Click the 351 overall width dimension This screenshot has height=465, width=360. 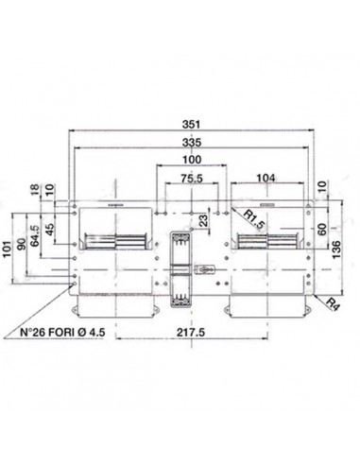[x=191, y=124]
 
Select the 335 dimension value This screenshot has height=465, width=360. [x=192, y=143]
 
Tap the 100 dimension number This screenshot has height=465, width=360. [x=192, y=160]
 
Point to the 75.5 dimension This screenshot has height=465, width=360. [x=192, y=179]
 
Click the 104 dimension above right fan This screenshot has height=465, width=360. [x=266, y=178]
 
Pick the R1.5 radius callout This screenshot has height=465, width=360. [x=253, y=219]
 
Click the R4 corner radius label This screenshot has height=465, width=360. [x=333, y=304]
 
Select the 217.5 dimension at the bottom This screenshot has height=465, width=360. [x=191, y=333]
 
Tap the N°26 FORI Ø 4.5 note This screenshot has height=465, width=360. [x=62, y=333]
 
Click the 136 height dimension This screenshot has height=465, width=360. [x=336, y=250]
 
